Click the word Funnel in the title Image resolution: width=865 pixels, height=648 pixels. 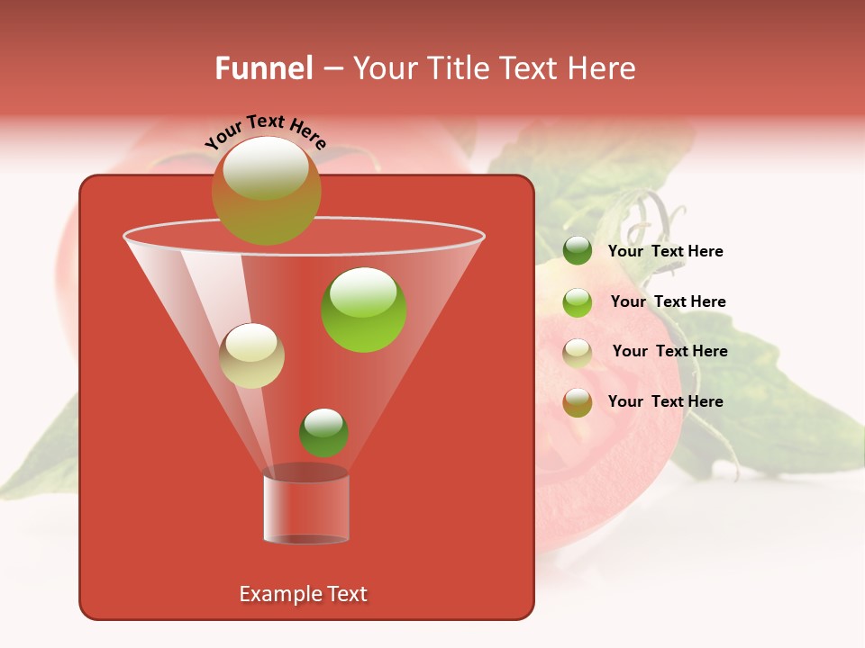click(x=263, y=68)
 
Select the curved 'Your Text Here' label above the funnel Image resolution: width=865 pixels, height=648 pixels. click(x=265, y=130)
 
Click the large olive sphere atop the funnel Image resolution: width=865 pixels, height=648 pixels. click(x=266, y=190)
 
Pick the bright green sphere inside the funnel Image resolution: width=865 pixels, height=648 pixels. click(x=364, y=310)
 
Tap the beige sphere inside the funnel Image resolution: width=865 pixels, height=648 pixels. click(x=252, y=355)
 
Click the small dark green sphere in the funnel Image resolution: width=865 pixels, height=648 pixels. click(x=323, y=432)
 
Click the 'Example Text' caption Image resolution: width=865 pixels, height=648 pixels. click(x=303, y=594)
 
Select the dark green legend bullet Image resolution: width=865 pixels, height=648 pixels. click(x=578, y=251)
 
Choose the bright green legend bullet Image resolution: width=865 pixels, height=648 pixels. click(x=578, y=302)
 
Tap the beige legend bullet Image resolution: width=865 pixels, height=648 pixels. click(x=578, y=352)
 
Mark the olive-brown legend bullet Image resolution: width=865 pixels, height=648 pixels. click(x=578, y=402)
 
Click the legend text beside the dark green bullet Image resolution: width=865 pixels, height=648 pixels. click(x=665, y=251)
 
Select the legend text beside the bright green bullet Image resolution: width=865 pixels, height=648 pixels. click(x=668, y=301)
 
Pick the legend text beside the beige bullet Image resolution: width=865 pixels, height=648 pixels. click(x=669, y=351)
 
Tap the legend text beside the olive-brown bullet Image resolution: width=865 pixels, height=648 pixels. click(x=665, y=401)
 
